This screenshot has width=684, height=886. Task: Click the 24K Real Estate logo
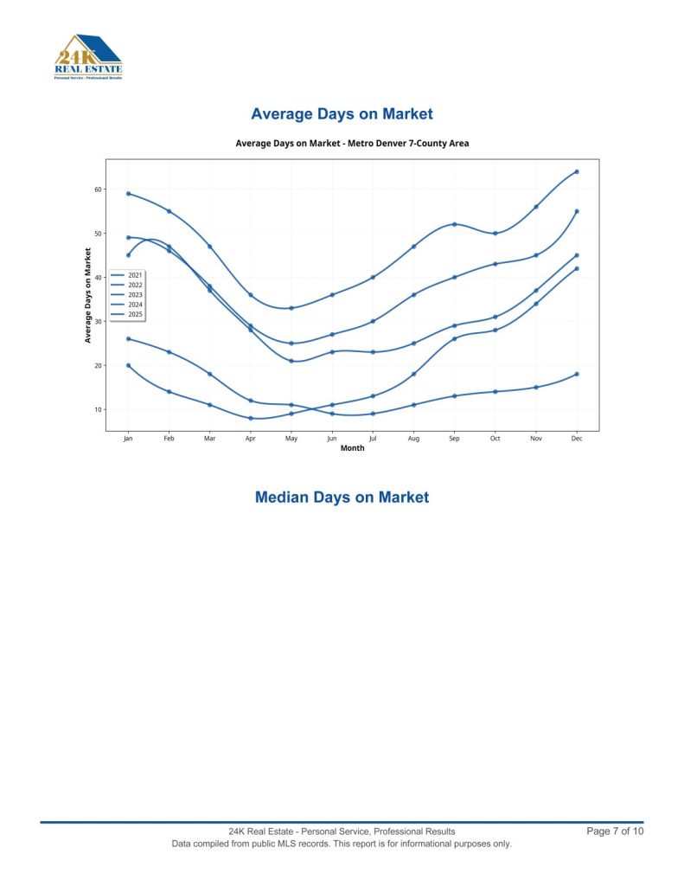click(x=87, y=57)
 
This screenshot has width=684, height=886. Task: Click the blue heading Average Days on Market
click(x=342, y=114)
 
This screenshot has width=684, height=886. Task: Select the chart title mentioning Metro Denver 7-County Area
click(x=352, y=143)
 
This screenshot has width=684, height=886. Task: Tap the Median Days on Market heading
click(x=342, y=498)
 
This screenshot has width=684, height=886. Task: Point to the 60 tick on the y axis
click(x=98, y=189)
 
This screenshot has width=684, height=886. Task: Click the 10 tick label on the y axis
click(x=98, y=409)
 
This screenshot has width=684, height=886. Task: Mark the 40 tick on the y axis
click(x=98, y=278)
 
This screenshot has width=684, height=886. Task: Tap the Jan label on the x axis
click(x=128, y=440)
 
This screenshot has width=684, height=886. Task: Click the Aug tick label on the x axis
click(x=413, y=440)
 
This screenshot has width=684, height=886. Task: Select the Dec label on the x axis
click(x=577, y=440)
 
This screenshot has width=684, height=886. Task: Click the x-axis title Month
click(x=352, y=448)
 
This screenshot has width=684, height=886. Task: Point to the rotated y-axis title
click(x=87, y=295)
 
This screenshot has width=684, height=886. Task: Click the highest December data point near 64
click(x=577, y=171)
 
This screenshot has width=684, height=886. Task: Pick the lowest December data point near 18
click(x=577, y=374)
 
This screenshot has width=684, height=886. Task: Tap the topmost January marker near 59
click(x=128, y=194)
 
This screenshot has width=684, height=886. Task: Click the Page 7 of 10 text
click(x=615, y=831)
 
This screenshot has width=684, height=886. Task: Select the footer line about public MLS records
click(x=342, y=844)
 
